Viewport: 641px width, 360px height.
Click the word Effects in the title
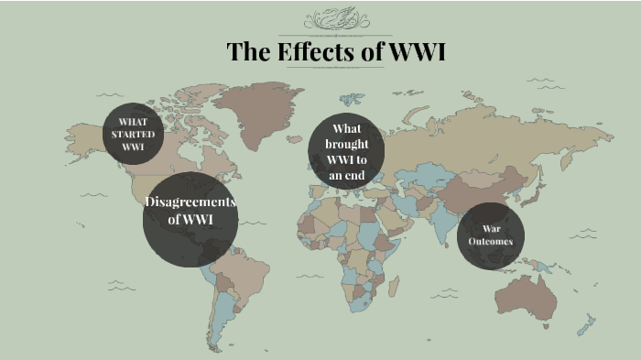[x=314, y=51]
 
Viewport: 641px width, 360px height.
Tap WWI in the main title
[x=417, y=51]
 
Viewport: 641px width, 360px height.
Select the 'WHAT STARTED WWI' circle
[x=134, y=134]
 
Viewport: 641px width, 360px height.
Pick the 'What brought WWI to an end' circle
[x=346, y=152]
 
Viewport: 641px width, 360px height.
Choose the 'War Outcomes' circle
[x=491, y=236]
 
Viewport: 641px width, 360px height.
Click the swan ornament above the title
[x=336, y=18]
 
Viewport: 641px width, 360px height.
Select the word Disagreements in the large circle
[x=190, y=202]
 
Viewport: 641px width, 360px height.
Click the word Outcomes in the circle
[x=491, y=241]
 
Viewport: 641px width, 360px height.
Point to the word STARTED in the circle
[x=134, y=134]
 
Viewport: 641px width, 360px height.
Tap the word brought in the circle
[x=346, y=144]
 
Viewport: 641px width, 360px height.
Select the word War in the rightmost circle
[x=491, y=227]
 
